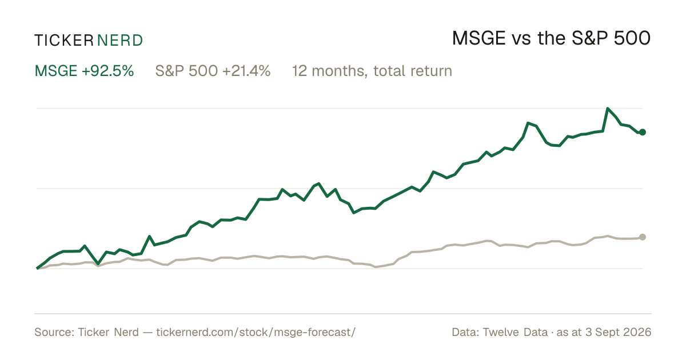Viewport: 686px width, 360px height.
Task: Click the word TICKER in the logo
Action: (64, 41)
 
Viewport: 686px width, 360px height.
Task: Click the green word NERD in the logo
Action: (119, 41)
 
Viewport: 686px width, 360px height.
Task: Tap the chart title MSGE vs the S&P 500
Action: (551, 38)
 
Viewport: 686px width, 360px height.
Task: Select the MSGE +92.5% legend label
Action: (84, 71)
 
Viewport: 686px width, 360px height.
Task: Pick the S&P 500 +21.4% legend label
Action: (213, 71)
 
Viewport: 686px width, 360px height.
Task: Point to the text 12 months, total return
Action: (372, 71)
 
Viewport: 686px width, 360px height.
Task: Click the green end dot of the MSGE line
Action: (643, 132)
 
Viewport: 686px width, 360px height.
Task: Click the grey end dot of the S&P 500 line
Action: (643, 237)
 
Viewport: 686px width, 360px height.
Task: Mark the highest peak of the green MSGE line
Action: (608, 109)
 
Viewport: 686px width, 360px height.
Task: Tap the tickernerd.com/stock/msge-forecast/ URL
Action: (256, 332)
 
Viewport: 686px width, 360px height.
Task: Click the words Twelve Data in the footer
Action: (515, 332)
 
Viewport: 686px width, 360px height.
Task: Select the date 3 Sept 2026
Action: (619, 332)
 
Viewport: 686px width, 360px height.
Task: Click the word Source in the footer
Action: (53, 332)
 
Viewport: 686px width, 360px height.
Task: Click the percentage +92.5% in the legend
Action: (108, 71)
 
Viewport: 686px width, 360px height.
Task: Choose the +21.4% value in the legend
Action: (246, 71)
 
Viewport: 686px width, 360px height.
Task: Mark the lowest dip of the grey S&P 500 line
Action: (376, 267)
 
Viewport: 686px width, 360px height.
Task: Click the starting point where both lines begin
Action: (37, 268)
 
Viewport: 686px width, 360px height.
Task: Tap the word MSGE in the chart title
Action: (478, 38)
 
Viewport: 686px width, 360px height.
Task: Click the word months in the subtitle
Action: (340, 71)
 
